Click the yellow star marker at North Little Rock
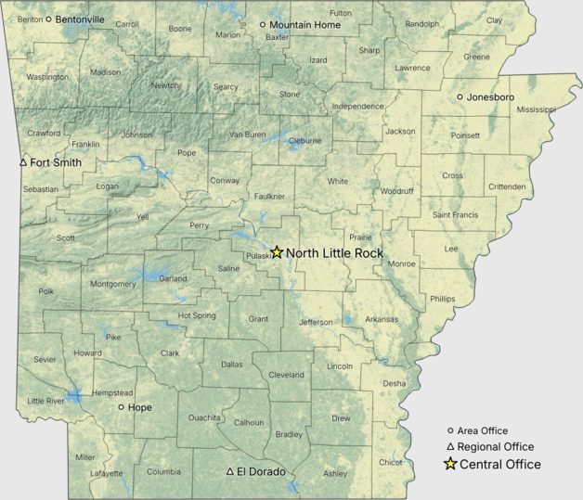(x=277, y=252)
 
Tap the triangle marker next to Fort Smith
(x=23, y=162)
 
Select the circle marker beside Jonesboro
(x=460, y=96)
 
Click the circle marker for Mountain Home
(x=263, y=25)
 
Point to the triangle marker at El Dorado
(x=230, y=471)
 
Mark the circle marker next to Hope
(x=121, y=407)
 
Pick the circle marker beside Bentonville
(x=48, y=19)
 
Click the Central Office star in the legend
(x=450, y=464)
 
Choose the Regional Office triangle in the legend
(x=450, y=447)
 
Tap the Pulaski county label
(x=258, y=256)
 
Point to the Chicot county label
(x=390, y=461)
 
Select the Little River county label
(x=46, y=401)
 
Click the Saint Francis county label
(x=455, y=215)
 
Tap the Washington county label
(x=47, y=77)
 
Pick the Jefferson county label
(x=315, y=323)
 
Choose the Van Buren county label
(x=247, y=135)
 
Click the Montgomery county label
(x=113, y=284)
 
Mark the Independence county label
(x=357, y=107)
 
